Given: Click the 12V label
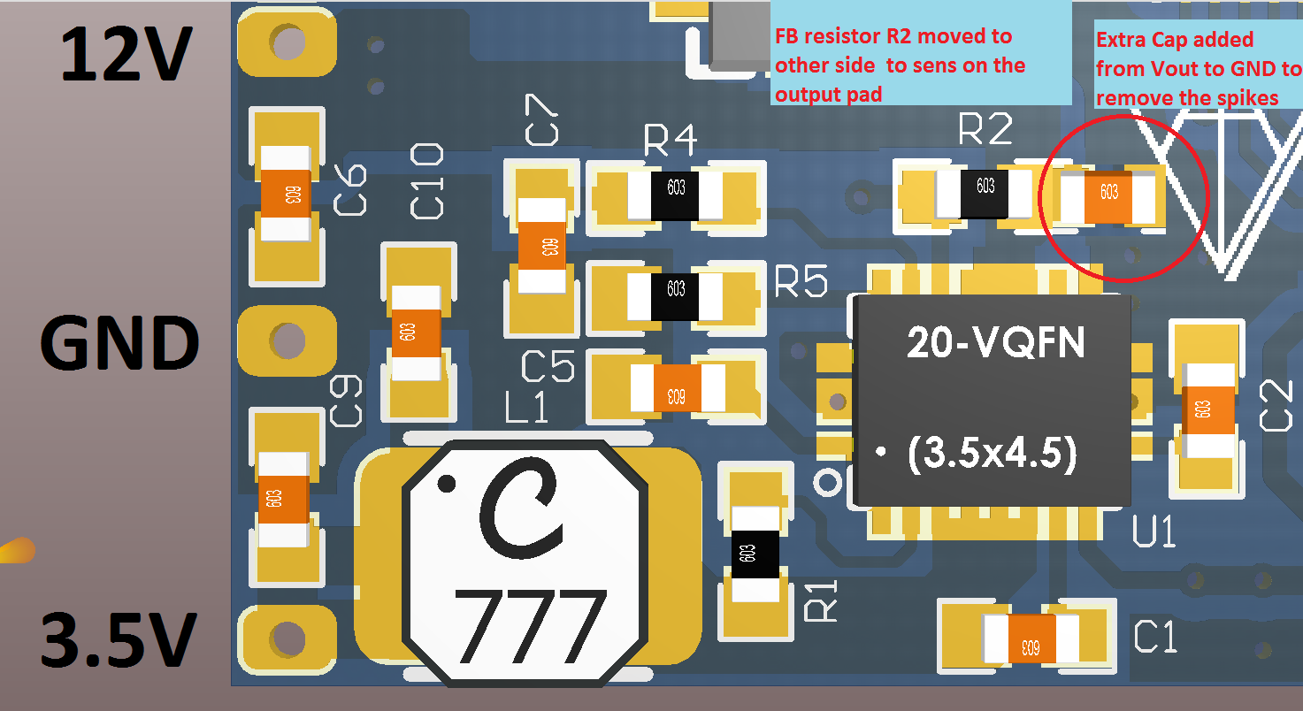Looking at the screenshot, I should coord(126,53).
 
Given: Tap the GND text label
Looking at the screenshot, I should coord(119,344).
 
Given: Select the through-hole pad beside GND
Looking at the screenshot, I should coord(287,339).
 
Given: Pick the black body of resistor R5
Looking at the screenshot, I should coord(675,294).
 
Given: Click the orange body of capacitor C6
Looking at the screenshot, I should coord(286,195).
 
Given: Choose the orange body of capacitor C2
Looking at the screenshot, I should coord(1202,410).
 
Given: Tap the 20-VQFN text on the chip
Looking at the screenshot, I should coord(994,342).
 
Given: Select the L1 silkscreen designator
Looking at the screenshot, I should coord(527,408).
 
